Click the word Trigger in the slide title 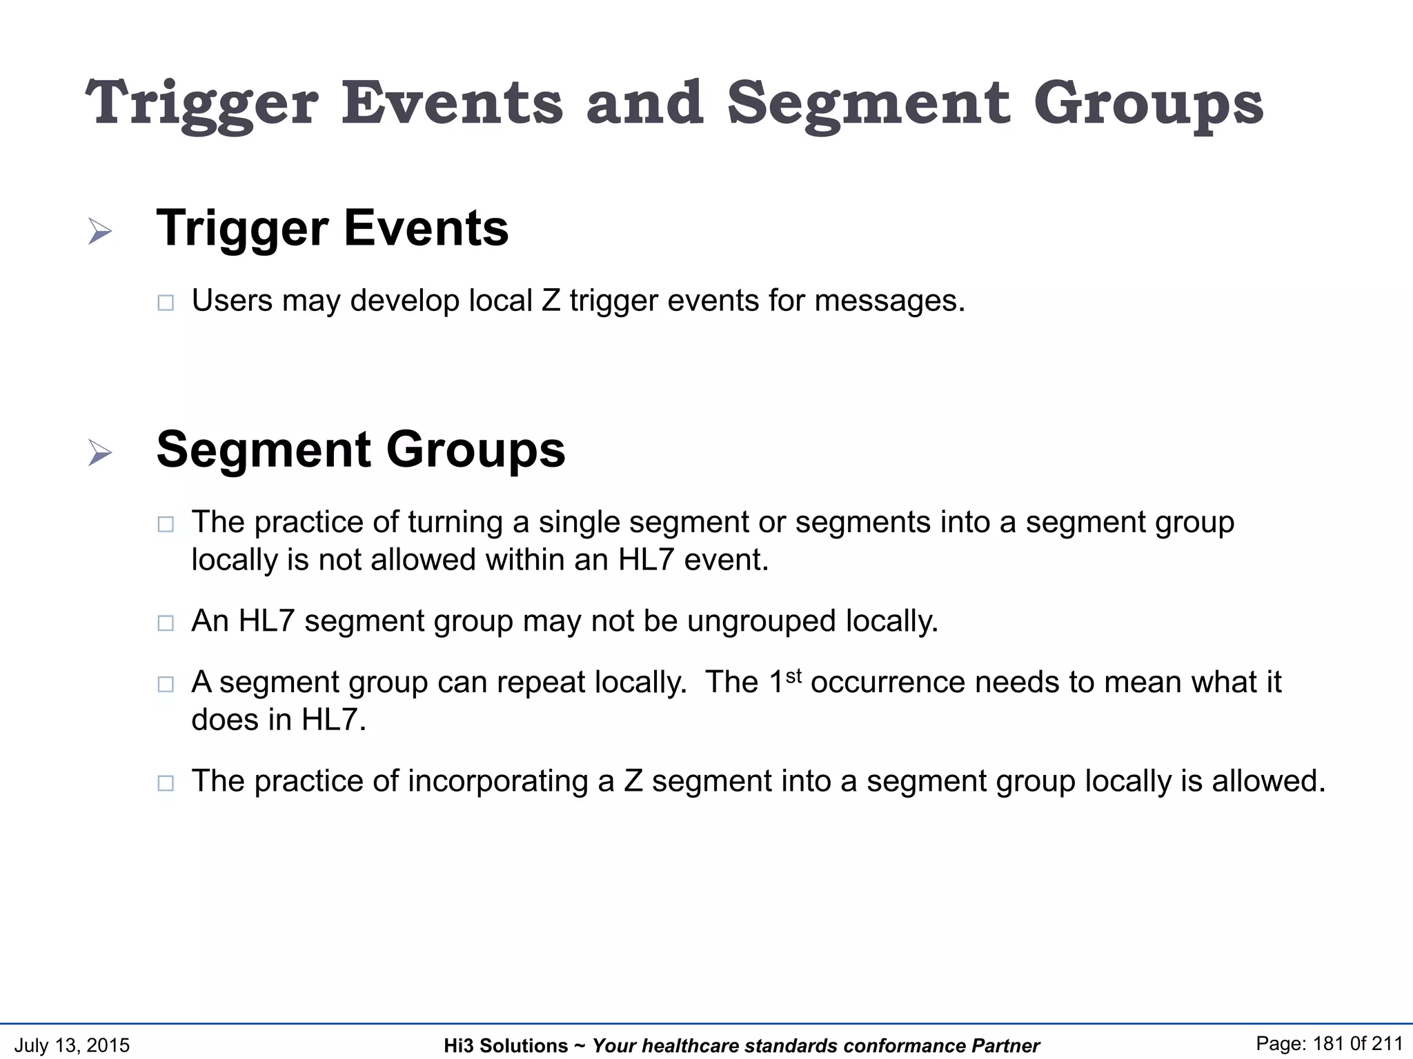[x=202, y=103]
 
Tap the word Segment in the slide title [x=869, y=103]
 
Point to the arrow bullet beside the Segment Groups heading [x=100, y=453]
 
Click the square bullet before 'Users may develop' [x=166, y=303]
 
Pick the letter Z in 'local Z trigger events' [x=551, y=301]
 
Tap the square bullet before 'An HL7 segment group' [x=166, y=623]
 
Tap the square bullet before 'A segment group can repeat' [x=166, y=684]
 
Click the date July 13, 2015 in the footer [x=72, y=1045]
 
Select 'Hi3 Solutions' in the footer [x=506, y=1046]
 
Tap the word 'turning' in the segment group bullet [x=455, y=522]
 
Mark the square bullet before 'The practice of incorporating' [x=166, y=783]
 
